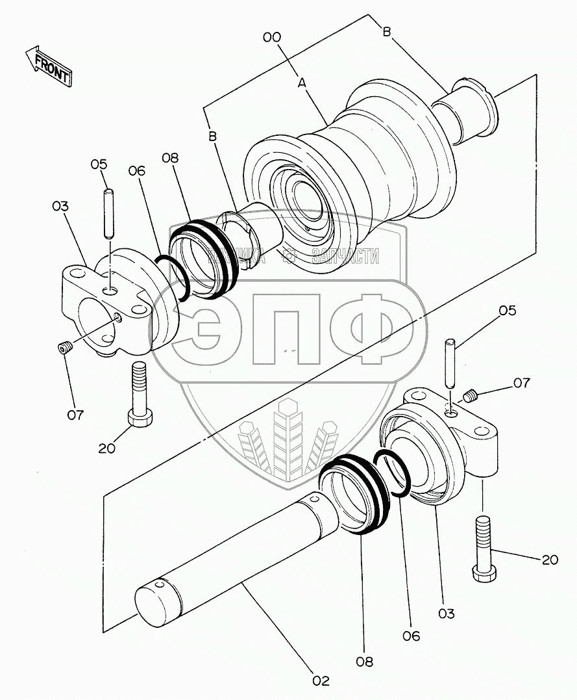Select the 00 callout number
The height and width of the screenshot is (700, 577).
272,38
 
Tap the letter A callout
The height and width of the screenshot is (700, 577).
302,83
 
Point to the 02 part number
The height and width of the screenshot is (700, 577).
320,681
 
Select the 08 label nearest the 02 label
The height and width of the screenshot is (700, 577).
369,662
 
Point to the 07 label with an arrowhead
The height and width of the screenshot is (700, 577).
522,383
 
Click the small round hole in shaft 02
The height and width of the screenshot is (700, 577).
314,500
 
